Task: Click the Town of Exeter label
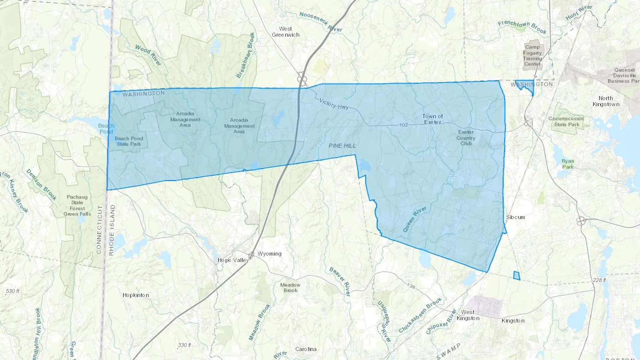tap(432, 119)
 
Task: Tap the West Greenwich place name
tap(286, 32)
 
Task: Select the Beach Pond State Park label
tap(129, 141)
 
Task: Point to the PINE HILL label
tap(342, 146)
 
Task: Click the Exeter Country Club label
tap(466, 138)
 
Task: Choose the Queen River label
tap(415, 219)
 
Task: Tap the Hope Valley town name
tap(233, 260)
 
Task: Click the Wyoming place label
tap(270, 254)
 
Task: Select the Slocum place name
tap(516, 217)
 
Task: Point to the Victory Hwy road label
tap(334, 104)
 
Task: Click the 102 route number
tap(404, 125)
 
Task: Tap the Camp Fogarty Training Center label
tap(532, 55)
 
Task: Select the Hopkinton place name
tap(135, 295)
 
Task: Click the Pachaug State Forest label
tap(77, 205)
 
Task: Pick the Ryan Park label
tap(568, 164)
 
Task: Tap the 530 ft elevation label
tap(12, 291)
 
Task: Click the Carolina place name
tap(306, 349)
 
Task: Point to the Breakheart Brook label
tap(246, 55)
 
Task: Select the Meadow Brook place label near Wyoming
tap(290, 288)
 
